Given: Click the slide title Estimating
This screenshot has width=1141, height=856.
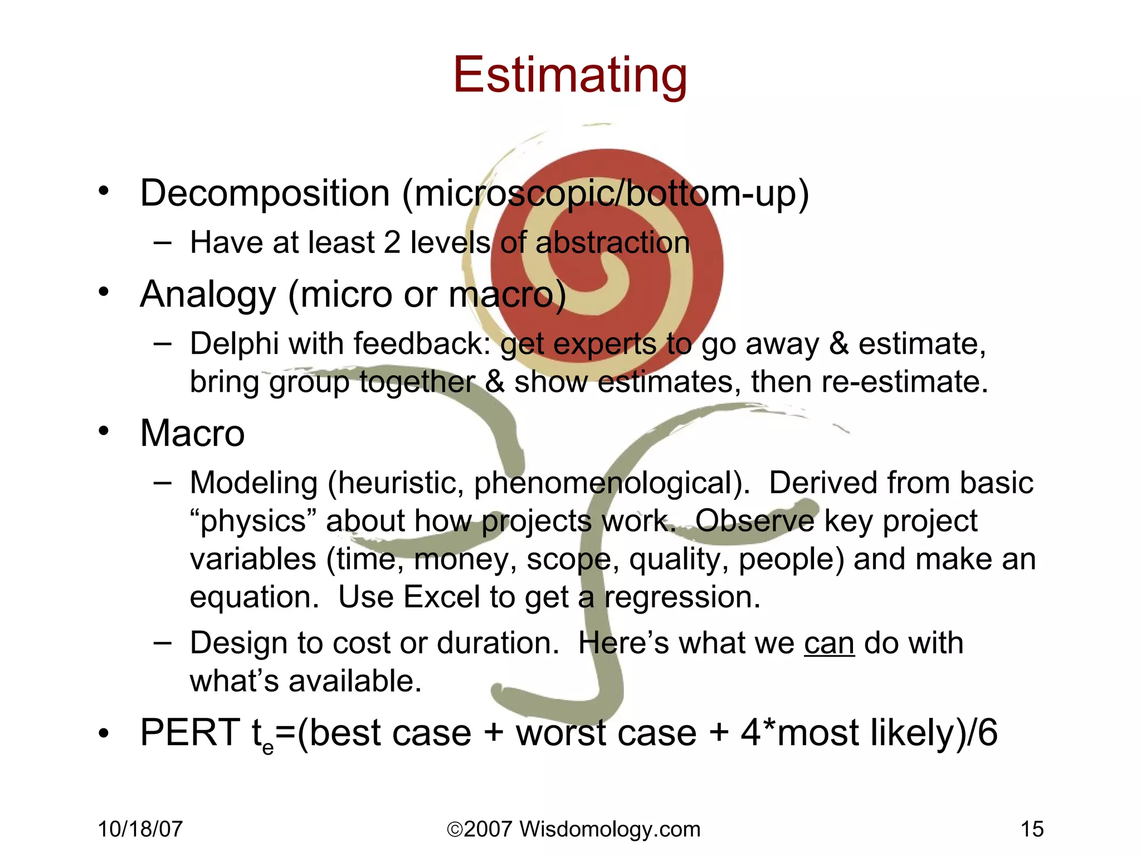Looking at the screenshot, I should click(x=570, y=75).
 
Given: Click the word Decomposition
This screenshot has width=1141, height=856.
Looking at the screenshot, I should click(x=265, y=193).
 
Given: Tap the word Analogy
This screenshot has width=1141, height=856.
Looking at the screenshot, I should click(x=208, y=295).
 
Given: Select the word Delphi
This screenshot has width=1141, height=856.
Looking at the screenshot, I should click(x=234, y=343).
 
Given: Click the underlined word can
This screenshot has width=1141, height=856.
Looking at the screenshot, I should click(x=829, y=644).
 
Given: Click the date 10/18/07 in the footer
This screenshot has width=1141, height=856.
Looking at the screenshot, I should click(x=140, y=829).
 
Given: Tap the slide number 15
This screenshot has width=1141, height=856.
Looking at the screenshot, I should click(x=1032, y=829).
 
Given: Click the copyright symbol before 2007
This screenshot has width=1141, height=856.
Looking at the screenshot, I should click(x=455, y=830).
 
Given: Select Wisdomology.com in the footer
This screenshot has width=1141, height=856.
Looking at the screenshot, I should click(x=609, y=829).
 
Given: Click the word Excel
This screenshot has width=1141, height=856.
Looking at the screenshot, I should click(x=441, y=597).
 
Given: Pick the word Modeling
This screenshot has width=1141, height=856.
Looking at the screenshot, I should click(x=253, y=483).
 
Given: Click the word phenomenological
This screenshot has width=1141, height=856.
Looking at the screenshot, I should click(x=612, y=483).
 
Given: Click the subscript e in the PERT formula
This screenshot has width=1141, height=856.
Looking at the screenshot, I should click(x=268, y=746).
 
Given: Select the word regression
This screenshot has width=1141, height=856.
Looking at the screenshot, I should click(x=682, y=597).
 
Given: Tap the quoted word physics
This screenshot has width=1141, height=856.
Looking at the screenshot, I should click(x=253, y=522).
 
